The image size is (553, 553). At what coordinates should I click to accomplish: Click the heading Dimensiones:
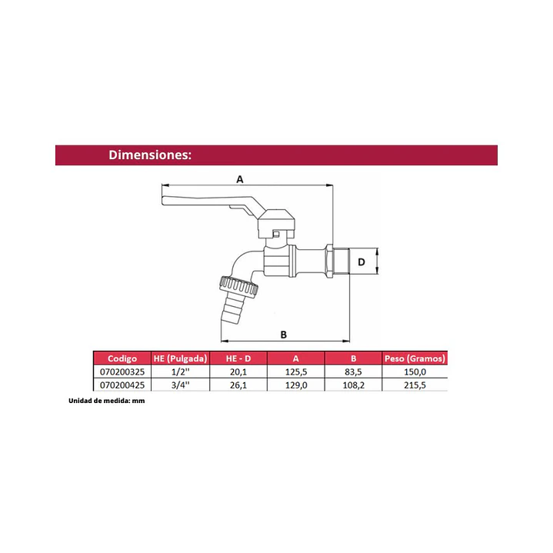[150, 155]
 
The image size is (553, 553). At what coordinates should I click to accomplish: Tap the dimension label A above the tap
[240, 179]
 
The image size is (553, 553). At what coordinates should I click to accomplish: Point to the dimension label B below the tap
[284, 335]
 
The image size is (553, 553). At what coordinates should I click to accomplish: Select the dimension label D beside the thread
[361, 262]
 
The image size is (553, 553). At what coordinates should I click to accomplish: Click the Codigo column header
[122, 358]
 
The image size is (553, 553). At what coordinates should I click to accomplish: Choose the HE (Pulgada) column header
[180, 358]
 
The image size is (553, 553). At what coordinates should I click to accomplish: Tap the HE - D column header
[238, 358]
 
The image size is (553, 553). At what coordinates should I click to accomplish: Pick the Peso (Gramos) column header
[415, 358]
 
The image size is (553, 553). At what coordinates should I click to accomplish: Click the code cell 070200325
[122, 371]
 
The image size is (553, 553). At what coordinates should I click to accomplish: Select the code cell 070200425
[122, 385]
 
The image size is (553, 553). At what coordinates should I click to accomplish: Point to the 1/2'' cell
[180, 371]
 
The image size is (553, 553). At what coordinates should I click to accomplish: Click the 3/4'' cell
[180, 385]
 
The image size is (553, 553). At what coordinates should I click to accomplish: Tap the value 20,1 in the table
[238, 371]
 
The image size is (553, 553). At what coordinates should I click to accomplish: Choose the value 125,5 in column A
[296, 371]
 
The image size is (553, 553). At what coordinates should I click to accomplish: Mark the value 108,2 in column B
[354, 385]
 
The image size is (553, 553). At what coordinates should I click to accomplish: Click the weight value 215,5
[415, 385]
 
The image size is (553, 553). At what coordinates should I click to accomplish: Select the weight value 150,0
[415, 371]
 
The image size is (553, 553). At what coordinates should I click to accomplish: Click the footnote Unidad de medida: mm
[106, 401]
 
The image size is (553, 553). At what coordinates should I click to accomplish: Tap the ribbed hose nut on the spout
[238, 285]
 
